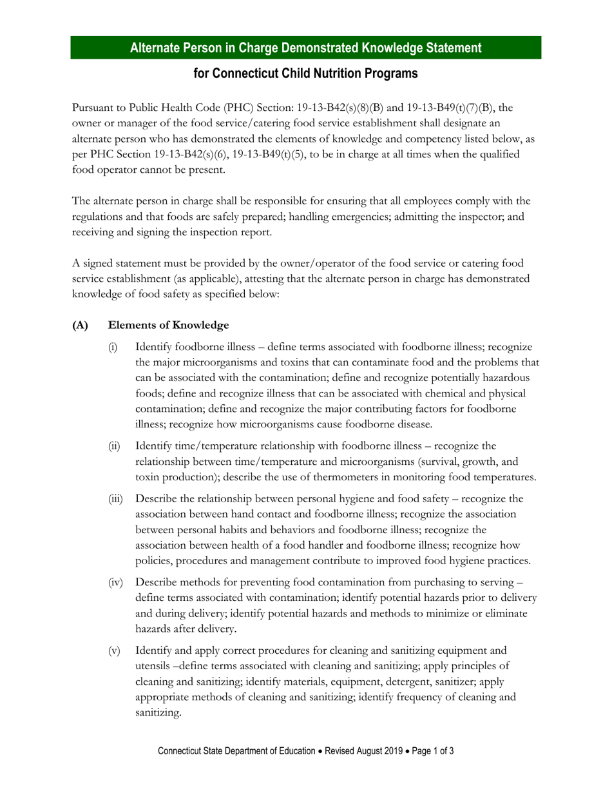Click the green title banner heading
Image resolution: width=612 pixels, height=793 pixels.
[x=305, y=48]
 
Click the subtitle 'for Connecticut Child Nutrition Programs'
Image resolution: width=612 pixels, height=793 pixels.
[x=305, y=73]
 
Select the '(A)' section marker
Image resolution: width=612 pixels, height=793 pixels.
[x=80, y=325]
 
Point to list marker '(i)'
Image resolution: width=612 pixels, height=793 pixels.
[x=113, y=348]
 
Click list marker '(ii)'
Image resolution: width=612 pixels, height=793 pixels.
[x=114, y=446]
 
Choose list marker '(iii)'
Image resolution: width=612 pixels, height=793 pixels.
[x=115, y=499]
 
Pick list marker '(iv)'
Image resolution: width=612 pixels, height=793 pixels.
[x=115, y=583]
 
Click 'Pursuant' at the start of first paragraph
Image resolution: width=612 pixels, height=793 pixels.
[x=91, y=108]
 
